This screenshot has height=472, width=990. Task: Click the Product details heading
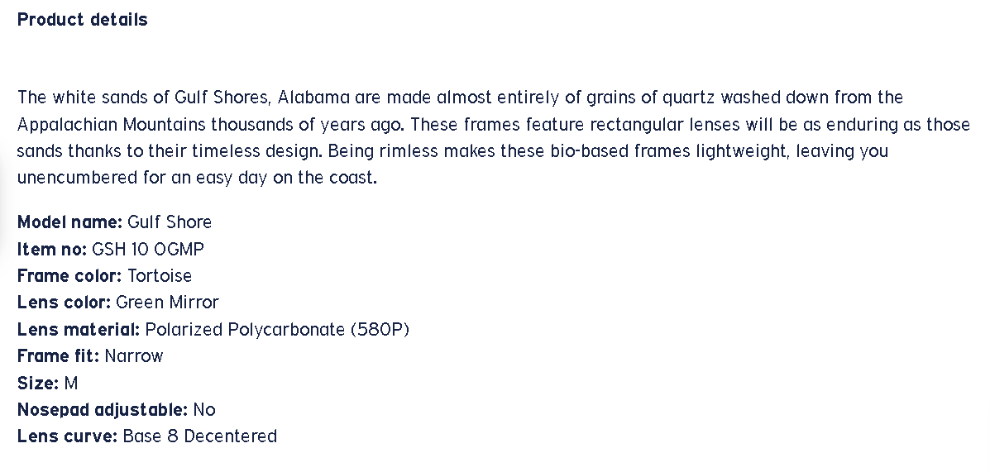pos(82,20)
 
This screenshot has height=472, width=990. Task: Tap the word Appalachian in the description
pos(68,124)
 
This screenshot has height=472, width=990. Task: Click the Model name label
pos(69,222)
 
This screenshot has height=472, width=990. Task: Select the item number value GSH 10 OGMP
pos(148,250)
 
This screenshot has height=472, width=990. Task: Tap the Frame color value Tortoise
pos(160,276)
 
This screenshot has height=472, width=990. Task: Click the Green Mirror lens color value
pos(167,303)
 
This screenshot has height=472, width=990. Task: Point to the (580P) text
pos(380,329)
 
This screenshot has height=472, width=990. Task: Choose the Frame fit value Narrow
pos(134,356)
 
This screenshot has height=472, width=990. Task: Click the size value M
pos(71,383)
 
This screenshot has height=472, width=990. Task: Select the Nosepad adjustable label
pos(103,409)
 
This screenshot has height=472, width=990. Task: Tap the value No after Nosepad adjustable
pos(204,410)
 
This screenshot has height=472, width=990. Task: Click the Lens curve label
pos(68,436)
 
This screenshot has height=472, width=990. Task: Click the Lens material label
pos(79,329)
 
